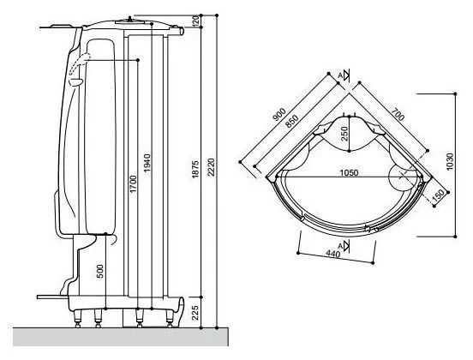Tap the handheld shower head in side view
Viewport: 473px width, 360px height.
coord(76,72)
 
